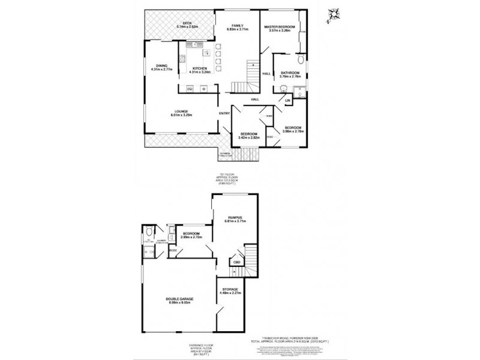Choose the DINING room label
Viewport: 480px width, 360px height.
pyautogui.click(x=161, y=65)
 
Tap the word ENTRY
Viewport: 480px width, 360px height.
pyautogui.click(x=224, y=113)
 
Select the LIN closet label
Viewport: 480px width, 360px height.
pyautogui.click(x=287, y=100)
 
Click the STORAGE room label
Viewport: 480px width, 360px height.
pyautogui.click(x=229, y=289)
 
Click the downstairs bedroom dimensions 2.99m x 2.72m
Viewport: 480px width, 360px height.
pyautogui.click(x=191, y=237)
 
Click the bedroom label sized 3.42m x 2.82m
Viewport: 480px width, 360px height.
pyautogui.click(x=249, y=133)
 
